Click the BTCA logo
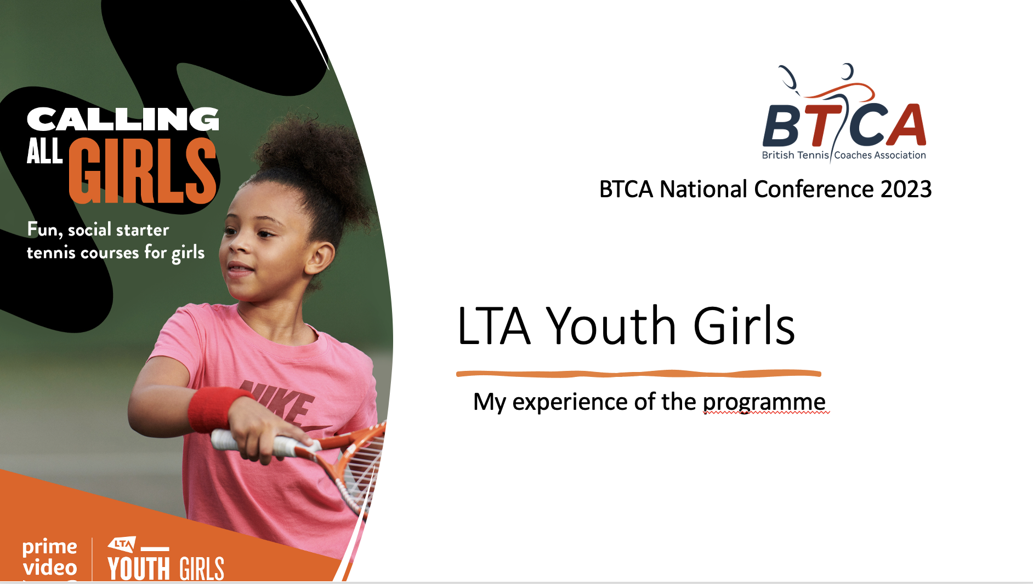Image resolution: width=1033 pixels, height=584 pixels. [x=844, y=112]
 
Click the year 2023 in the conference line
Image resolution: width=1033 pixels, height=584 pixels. [x=906, y=190]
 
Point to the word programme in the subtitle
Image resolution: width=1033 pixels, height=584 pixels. [x=764, y=403]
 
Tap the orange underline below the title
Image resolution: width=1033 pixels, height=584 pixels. [x=639, y=374]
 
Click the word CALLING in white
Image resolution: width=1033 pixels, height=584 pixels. [x=123, y=119]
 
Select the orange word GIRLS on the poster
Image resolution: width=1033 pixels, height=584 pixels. [x=143, y=170]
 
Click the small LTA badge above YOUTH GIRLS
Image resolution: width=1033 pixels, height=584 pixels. [x=122, y=545]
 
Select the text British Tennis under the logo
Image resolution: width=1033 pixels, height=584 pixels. [x=795, y=155]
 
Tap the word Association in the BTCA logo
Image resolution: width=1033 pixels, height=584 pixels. [x=900, y=155]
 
